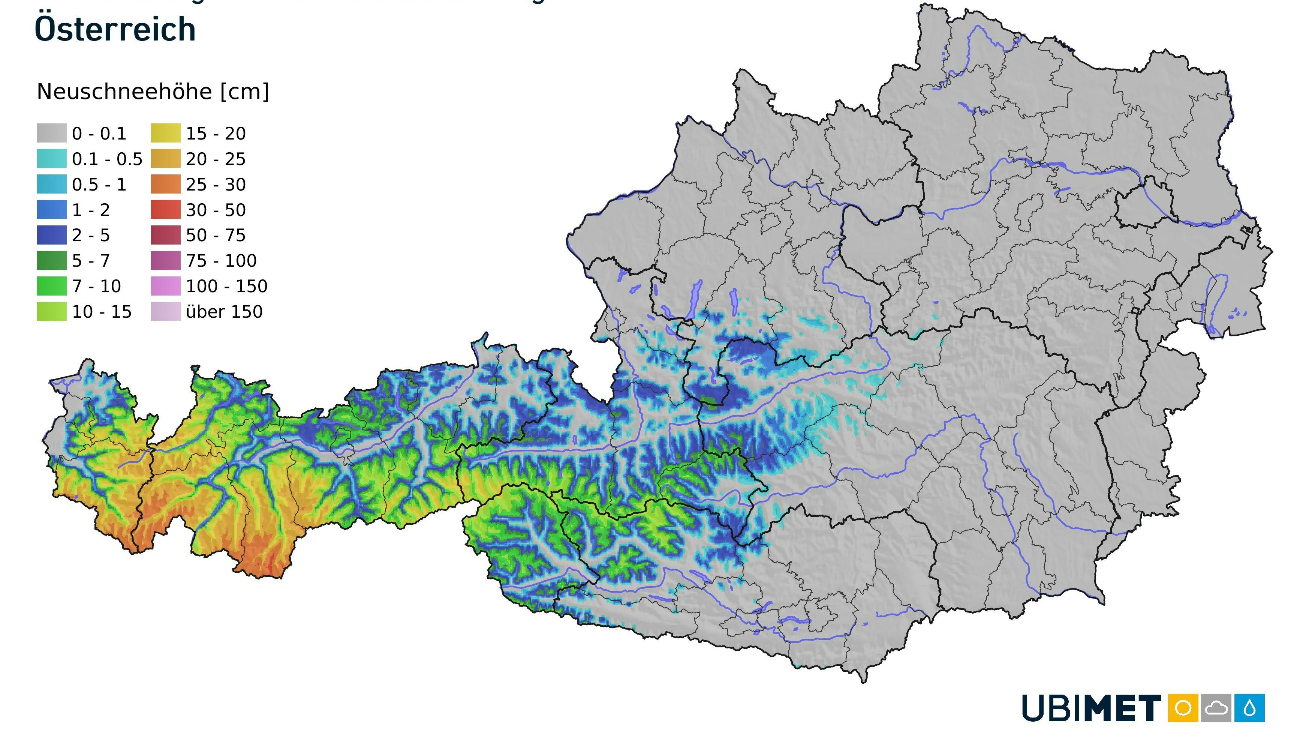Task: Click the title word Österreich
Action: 115,29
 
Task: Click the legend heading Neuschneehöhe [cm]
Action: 153,92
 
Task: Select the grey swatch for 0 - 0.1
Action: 52,133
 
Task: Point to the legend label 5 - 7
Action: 91,260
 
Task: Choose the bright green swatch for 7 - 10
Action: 52,286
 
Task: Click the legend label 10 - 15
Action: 102,312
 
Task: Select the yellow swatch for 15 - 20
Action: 165,133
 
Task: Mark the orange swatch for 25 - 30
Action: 165,185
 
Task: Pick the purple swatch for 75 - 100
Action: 165,260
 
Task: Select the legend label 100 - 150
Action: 226,286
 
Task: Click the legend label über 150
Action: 224,312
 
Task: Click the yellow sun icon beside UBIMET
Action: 1183,708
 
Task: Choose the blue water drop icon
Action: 1250,708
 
